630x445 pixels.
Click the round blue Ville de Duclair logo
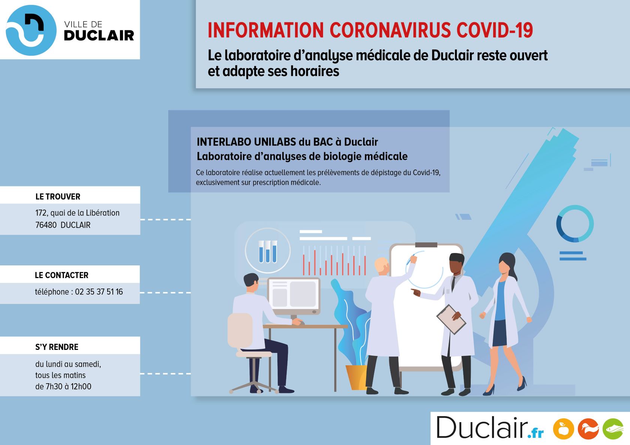point(31,30)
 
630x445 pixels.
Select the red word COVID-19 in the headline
point(495,30)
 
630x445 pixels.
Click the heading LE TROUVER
point(58,196)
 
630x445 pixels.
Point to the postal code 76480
point(46,225)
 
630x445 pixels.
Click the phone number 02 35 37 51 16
point(99,292)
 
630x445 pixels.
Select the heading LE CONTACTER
point(61,275)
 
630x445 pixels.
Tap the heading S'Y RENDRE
point(57,347)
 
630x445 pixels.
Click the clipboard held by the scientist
point(451,319)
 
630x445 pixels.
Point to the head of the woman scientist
point(507,263)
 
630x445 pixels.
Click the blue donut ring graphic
point(575,224)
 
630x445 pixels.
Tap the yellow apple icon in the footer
point(563,429)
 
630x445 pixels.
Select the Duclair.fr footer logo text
point(490,427)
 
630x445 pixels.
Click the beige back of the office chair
point(240,330)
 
